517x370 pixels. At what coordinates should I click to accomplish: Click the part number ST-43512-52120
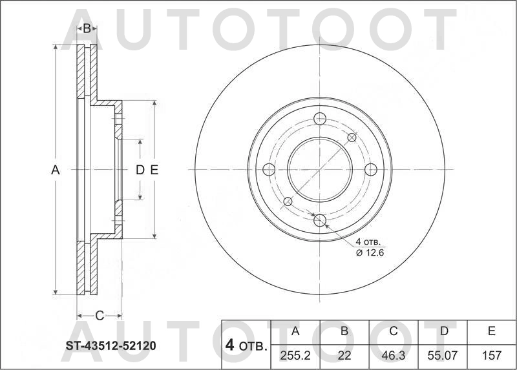[x=111, y=346]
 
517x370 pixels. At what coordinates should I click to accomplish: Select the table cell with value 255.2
[x=295, y=355]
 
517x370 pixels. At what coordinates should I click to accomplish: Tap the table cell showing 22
[x=344, y=355]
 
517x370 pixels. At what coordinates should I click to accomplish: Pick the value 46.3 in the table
[x=393, y=355]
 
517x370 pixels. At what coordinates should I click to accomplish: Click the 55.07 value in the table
[x=443, y=355]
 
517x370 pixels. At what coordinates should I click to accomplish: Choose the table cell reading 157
[x=491, y=355]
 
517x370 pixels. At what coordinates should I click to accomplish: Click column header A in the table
[x=295, y=332]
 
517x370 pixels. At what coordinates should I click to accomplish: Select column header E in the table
[x=491, y=332]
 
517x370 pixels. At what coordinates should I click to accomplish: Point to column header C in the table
[x=393, y=332]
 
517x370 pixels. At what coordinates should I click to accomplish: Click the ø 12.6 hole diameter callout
[x=370, y=252]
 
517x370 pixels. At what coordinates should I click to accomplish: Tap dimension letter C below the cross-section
[x=100, y=315]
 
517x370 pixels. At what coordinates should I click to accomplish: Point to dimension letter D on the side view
[x=139, y=170]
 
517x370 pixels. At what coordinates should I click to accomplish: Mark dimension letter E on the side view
[x=154, y=170]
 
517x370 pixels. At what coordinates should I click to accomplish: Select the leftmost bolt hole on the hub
[x=269, y=169]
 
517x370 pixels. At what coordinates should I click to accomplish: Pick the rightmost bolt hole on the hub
[x=370, y=169]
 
